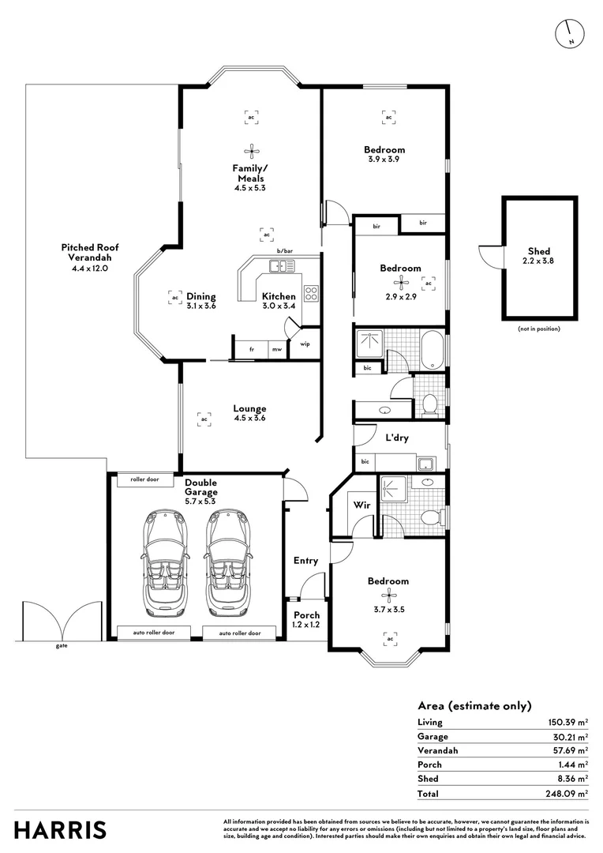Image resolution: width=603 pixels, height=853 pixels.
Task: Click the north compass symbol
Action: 570,34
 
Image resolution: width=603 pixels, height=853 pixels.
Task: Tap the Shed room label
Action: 539,251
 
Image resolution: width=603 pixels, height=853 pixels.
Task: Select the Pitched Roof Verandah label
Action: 90,253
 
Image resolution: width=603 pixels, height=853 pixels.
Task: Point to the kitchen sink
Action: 282,266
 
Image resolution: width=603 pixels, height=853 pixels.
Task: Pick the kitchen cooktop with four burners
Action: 311,293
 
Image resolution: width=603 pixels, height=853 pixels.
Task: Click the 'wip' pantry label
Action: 305,344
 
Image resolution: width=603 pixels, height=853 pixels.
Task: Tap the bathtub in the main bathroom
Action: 433,349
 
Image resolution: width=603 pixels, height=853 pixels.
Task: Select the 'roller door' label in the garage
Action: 144,479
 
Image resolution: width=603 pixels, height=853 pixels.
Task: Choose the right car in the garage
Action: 228,562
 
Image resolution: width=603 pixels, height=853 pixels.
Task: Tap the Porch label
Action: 307,615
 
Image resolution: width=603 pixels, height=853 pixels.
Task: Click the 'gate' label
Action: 62,646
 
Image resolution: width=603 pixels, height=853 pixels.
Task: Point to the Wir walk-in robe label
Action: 361,505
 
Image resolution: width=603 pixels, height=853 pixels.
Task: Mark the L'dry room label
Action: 397,438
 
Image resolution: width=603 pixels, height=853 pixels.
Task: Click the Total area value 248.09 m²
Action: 567,794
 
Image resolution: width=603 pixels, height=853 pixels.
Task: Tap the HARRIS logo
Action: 60,830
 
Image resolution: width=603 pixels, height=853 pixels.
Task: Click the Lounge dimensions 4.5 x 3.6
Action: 250,419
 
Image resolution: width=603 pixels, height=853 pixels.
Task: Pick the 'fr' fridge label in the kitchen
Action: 252,349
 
